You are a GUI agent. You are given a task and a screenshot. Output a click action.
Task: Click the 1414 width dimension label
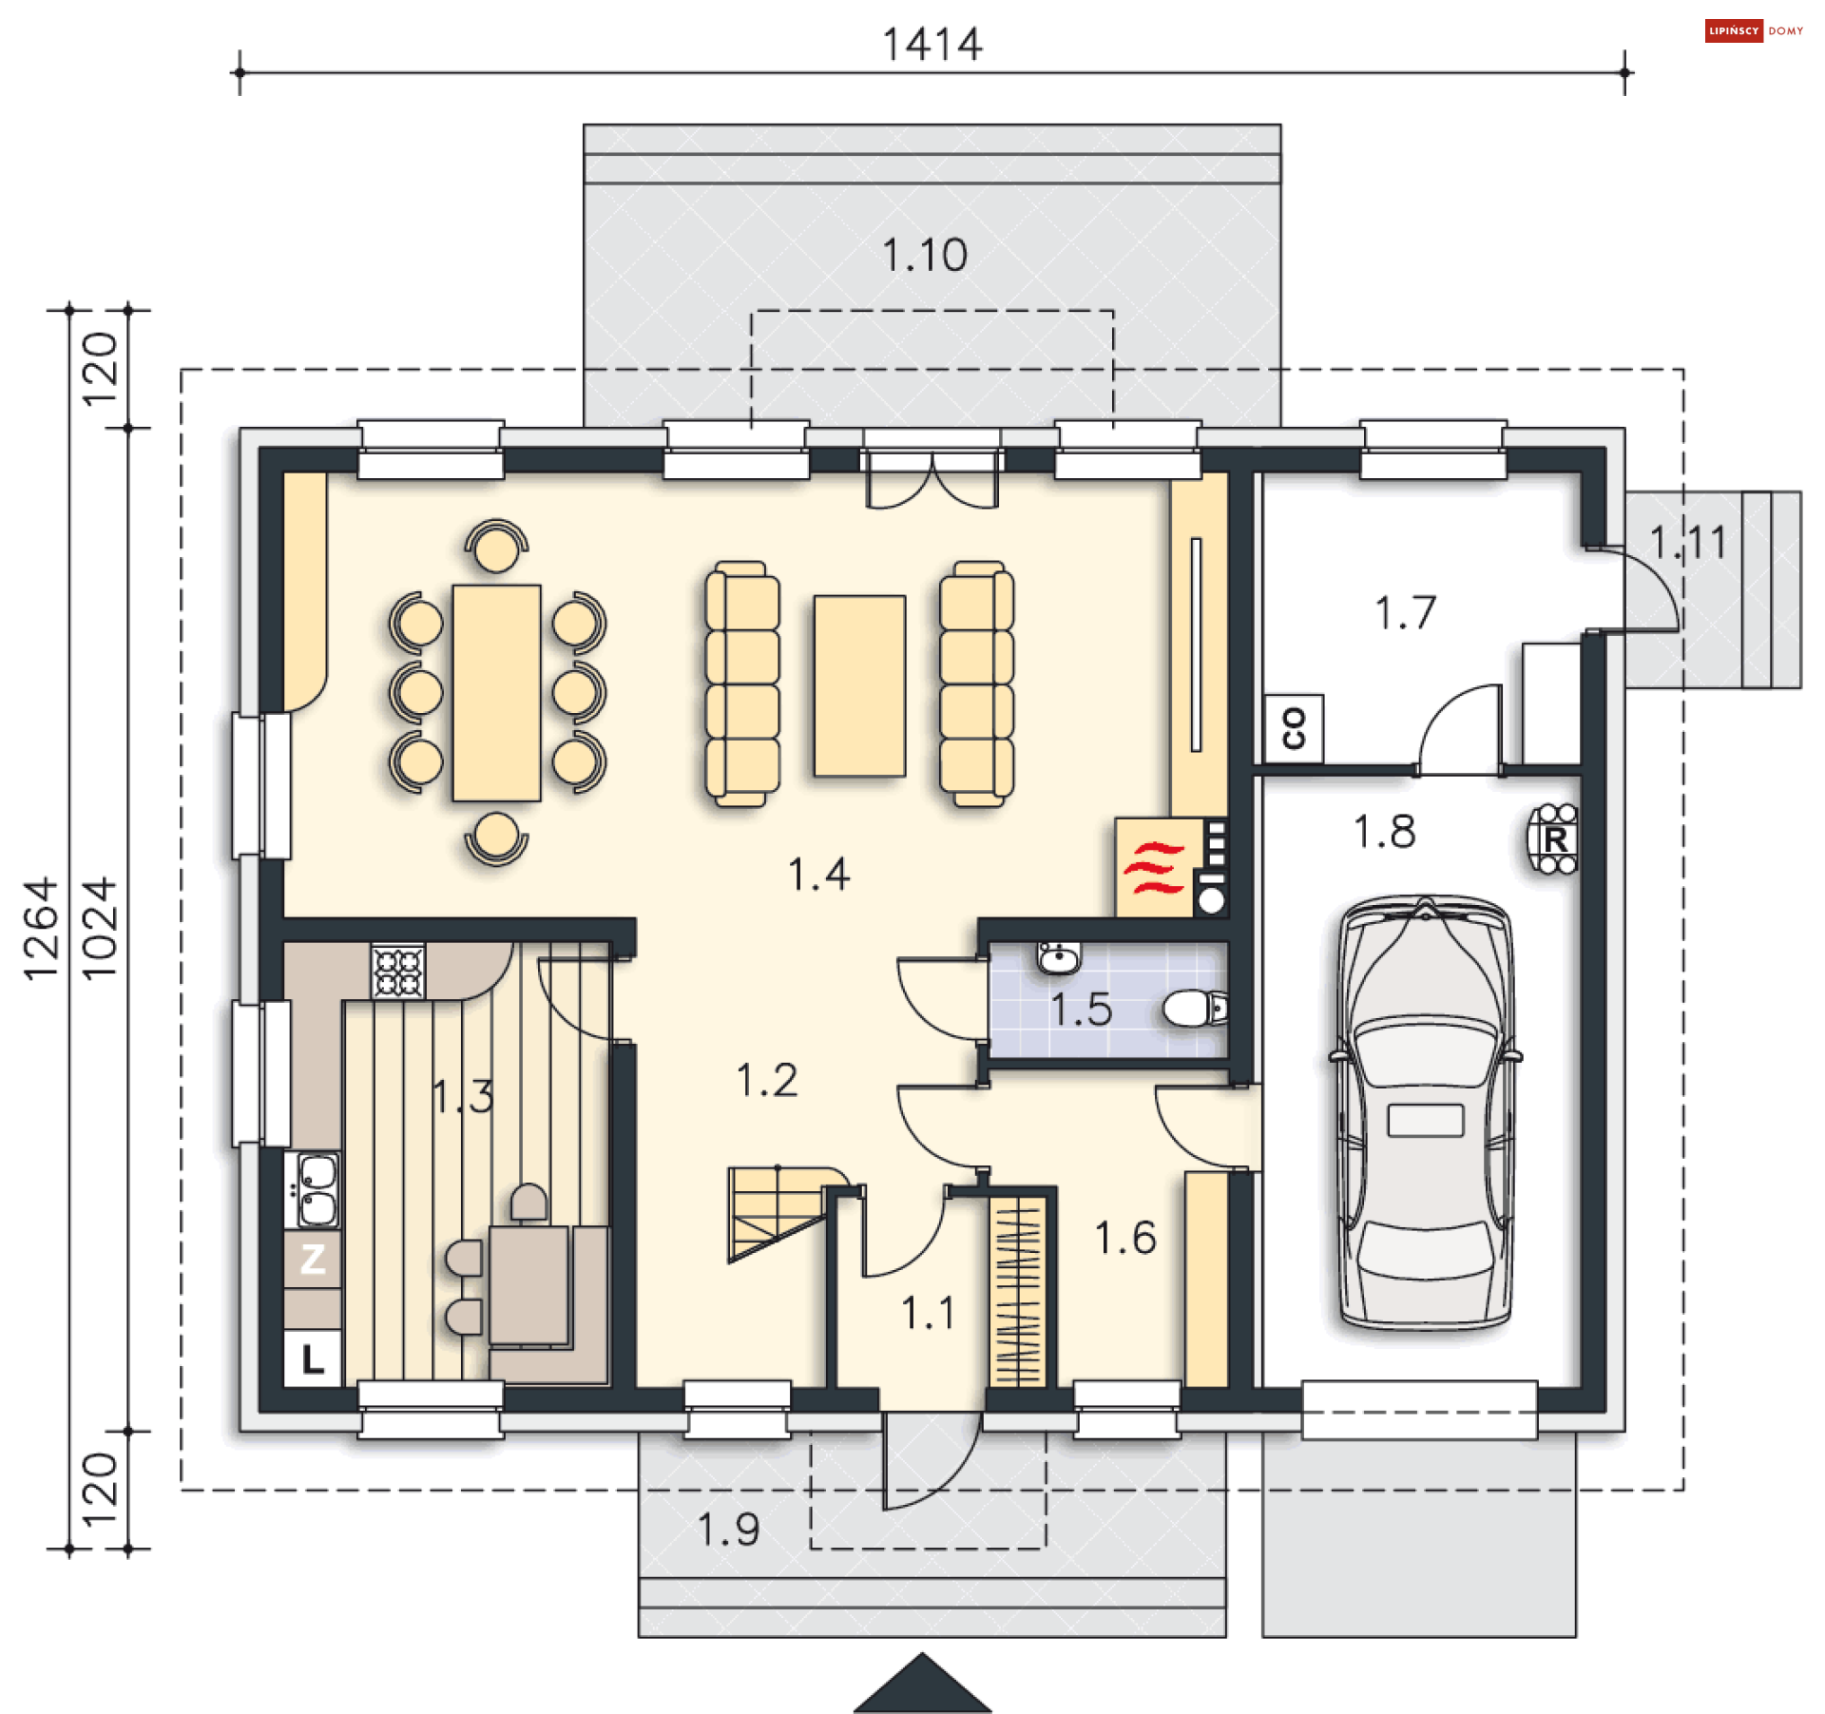tap(932, 45)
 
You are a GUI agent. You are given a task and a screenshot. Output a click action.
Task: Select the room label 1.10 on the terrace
tap(925, 255)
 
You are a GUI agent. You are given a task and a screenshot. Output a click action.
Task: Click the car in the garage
tap(1425, 1111)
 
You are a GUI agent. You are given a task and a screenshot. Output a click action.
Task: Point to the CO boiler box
tap(1294, 728)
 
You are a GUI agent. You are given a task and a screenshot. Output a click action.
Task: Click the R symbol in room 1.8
tap(1554, 838)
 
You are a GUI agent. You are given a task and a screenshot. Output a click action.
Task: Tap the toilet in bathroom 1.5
tap(1196, 1009)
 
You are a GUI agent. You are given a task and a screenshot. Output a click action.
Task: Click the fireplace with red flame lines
tap(1153, 867)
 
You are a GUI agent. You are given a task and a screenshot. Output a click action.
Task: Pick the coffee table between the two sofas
tap(859, 685)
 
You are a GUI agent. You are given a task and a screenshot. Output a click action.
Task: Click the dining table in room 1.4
tap(496, 692)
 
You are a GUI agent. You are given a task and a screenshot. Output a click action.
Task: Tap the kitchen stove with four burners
tap(398, 970)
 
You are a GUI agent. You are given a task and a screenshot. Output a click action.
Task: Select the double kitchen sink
tap(313, 1188)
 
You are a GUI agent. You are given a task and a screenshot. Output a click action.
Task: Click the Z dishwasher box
tap(313, 1259)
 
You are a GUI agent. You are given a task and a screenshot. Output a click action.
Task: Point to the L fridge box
tap(313, 1358)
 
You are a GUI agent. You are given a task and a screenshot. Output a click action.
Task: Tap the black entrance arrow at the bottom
tap(922, 1684)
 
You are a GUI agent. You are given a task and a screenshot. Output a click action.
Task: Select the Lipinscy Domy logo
tap(1754, 30)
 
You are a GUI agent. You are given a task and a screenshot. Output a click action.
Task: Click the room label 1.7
tap(1405, 612)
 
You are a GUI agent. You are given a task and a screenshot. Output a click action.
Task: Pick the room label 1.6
tap(1125, 1238)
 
